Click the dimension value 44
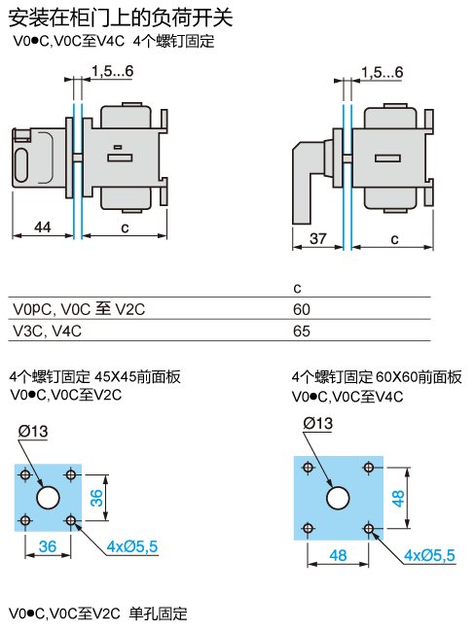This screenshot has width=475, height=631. coord(43,227)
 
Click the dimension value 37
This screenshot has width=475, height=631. coord(318,238)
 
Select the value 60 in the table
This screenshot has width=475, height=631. coord(302,309)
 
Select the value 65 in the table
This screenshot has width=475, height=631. coord(302,331)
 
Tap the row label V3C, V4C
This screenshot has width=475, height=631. coord(47,331)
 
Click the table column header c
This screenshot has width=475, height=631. coord(297,288)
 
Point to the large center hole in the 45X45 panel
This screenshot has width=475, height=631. coord(48,498)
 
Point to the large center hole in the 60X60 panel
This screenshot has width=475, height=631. coord(338,498)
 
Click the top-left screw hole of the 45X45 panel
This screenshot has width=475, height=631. coord(25,474)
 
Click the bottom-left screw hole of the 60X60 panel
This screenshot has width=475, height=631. coord(308,528)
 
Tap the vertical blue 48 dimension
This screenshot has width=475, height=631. coord(398,498)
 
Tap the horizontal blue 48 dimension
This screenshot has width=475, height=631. coord(338,555)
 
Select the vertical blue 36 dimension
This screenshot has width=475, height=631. coord(96,498)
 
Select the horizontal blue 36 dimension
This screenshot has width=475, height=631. coord(48,546)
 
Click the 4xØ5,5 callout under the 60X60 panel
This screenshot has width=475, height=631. coord(429,555)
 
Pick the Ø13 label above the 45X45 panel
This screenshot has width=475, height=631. coord(33,432)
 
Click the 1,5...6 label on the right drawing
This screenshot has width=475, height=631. coord(382,73)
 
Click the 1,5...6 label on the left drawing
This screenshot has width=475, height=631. coord(112,71)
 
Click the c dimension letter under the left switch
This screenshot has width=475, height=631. coord(125,228)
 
